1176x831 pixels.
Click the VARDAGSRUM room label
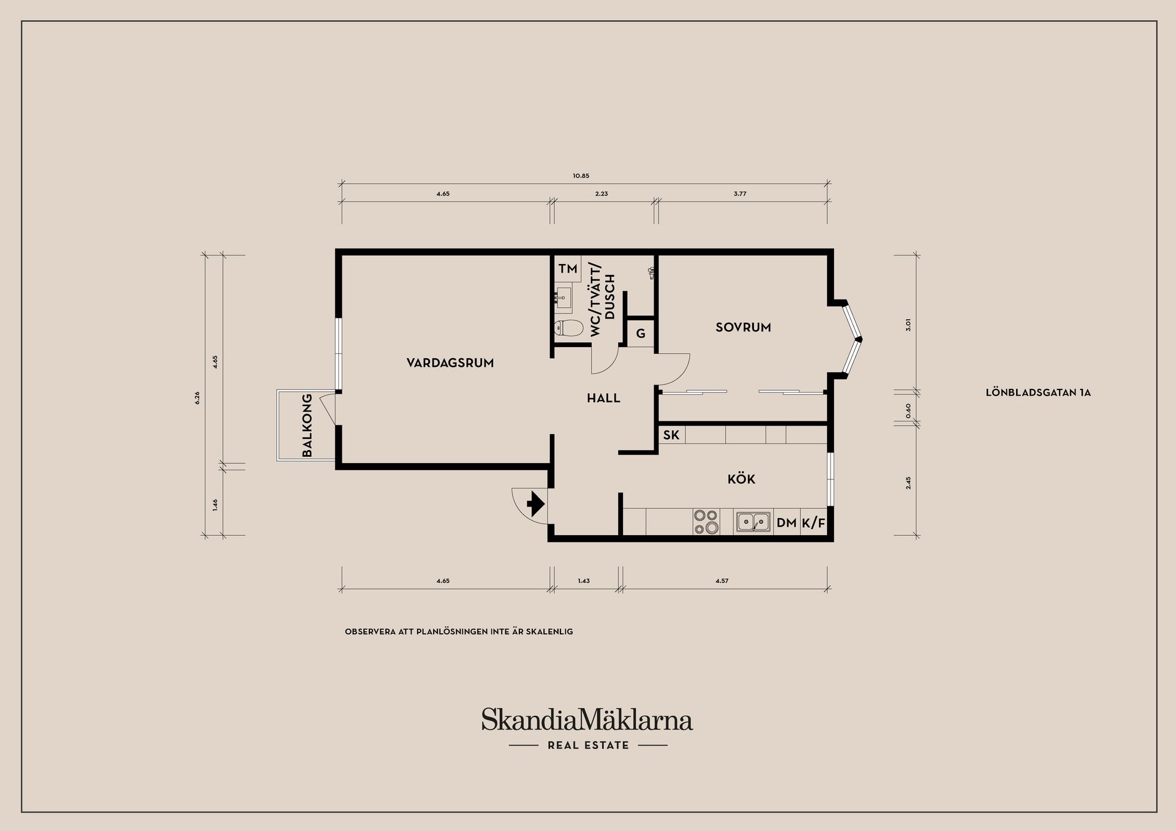pos(450,363)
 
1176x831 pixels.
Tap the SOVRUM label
pos(743,328)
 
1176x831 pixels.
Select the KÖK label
pos(741,478)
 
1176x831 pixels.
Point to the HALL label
pos(604,398)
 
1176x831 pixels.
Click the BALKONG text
pos(307,425)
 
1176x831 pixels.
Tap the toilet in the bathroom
pos(568,328)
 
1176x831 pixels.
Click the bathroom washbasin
pos(563,299)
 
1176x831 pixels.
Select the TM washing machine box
pos(568,269)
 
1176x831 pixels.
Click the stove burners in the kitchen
pos(706,522)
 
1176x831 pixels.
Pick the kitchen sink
pos(753,522)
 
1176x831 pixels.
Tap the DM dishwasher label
pos(786,523)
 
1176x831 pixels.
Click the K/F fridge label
pos(813,523)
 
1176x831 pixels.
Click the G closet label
pos(641,334)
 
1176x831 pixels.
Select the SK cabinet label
pos(671,435)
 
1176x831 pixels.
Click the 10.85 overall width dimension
pos(581,176)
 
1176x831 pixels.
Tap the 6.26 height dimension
pos(197,398)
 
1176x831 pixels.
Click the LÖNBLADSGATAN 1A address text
pos(1038,393)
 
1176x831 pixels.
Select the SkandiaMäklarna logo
pos(587,727)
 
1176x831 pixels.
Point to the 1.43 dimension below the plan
pos(584,581)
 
